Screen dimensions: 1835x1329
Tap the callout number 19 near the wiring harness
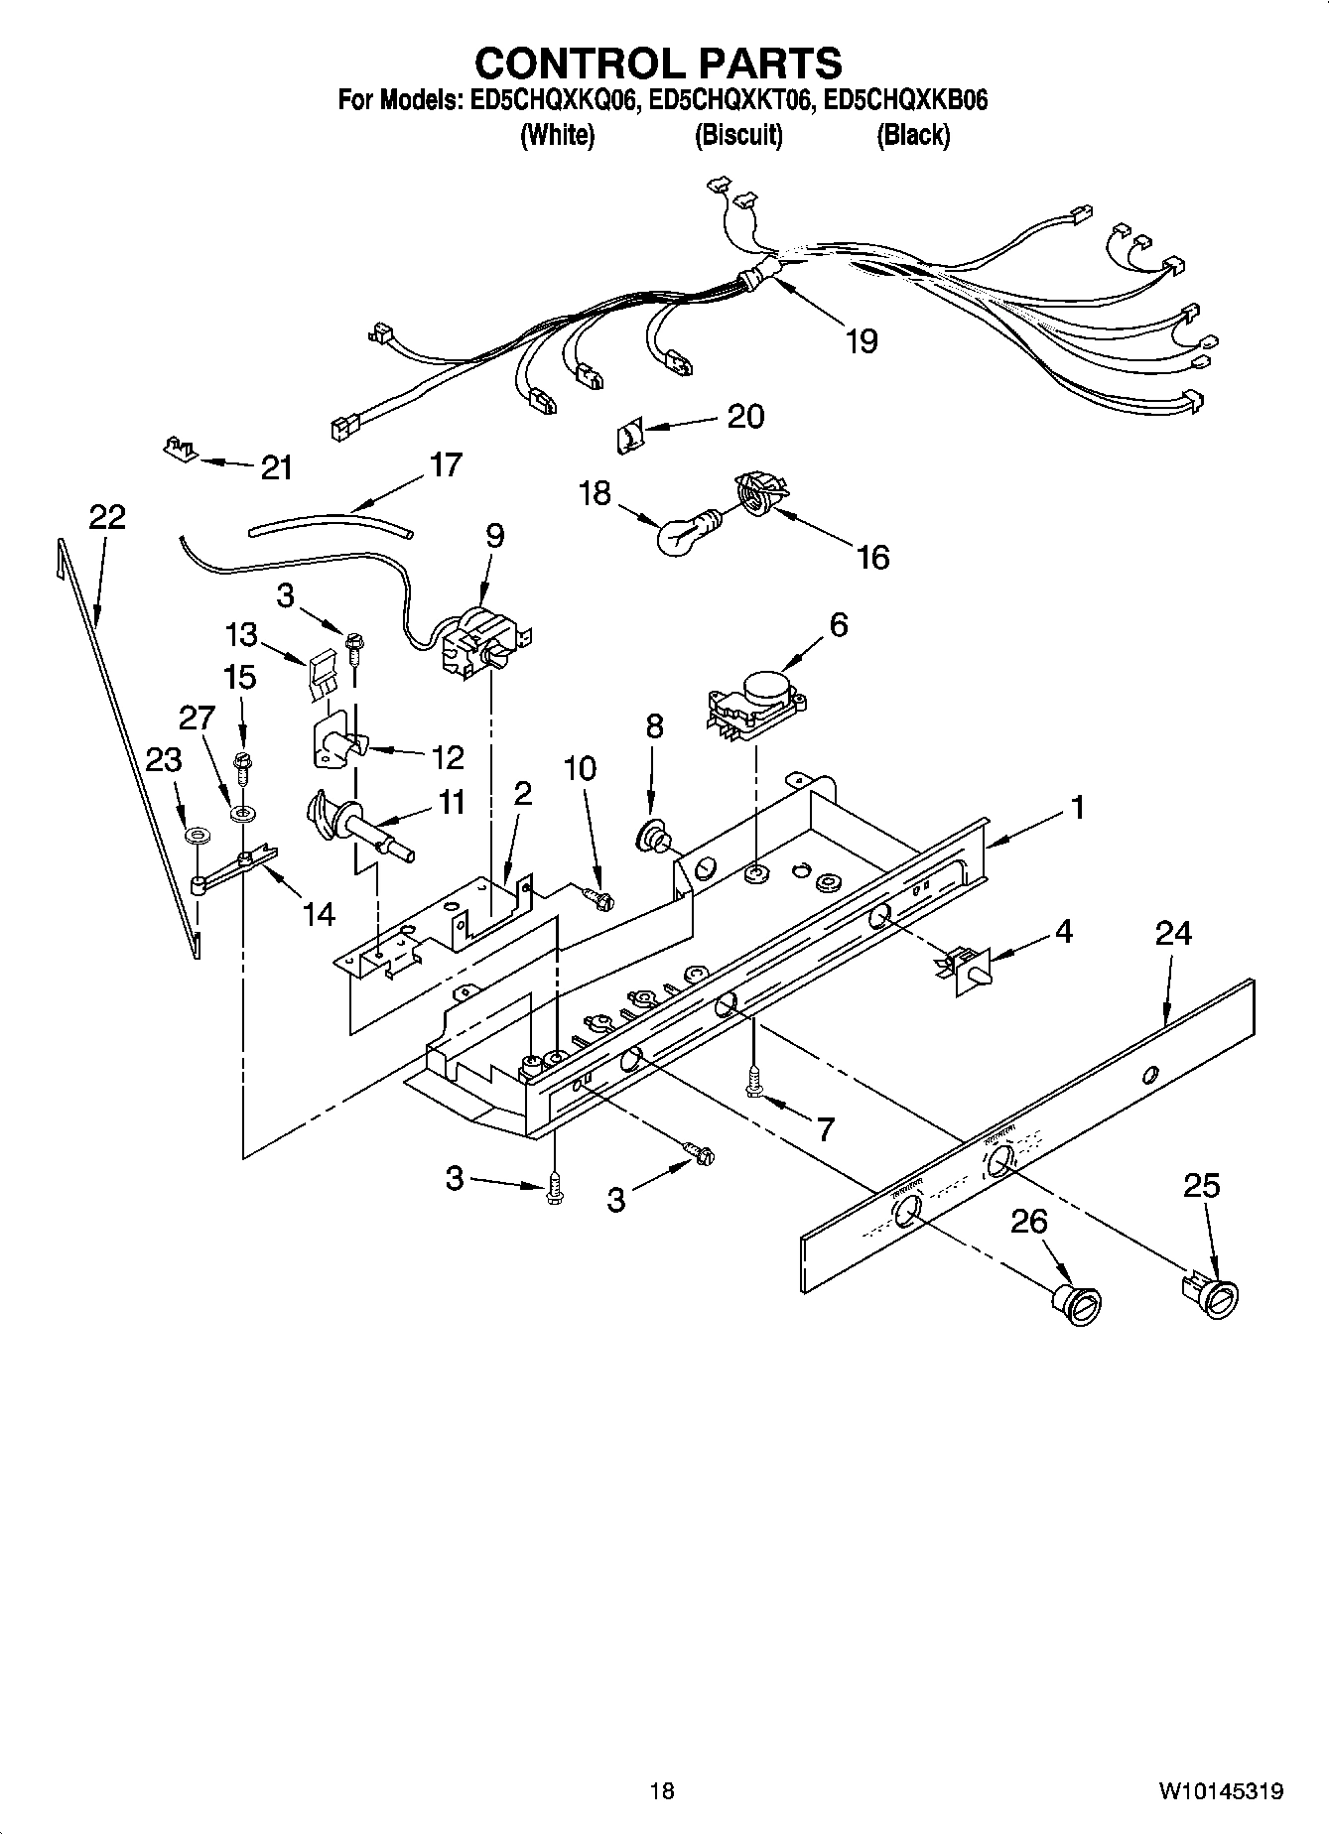tap(862, 341)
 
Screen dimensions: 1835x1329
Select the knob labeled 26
tap(1079, 1303)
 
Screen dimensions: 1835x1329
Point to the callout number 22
tap(107, 517)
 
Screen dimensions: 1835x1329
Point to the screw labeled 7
tap(755, 1084)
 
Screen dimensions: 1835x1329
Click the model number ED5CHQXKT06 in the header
tap(729, 100)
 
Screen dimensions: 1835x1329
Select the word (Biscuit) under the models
tap(737, 135)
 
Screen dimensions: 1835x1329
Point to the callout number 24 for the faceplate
tap(1173, 933)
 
